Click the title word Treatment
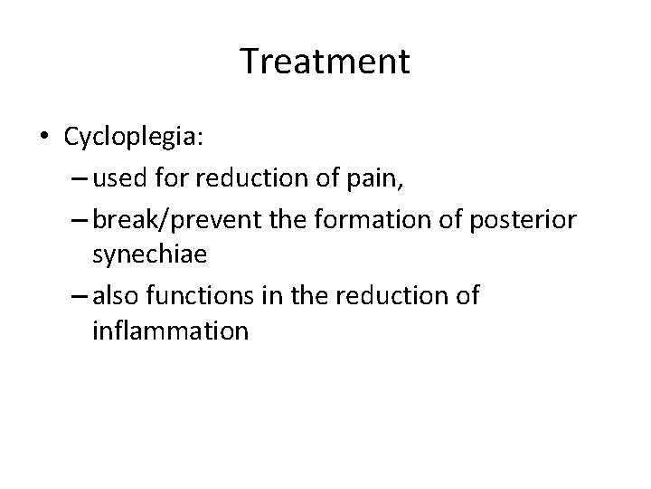click(x=325, y=62)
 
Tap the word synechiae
click(x=150, y=254)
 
